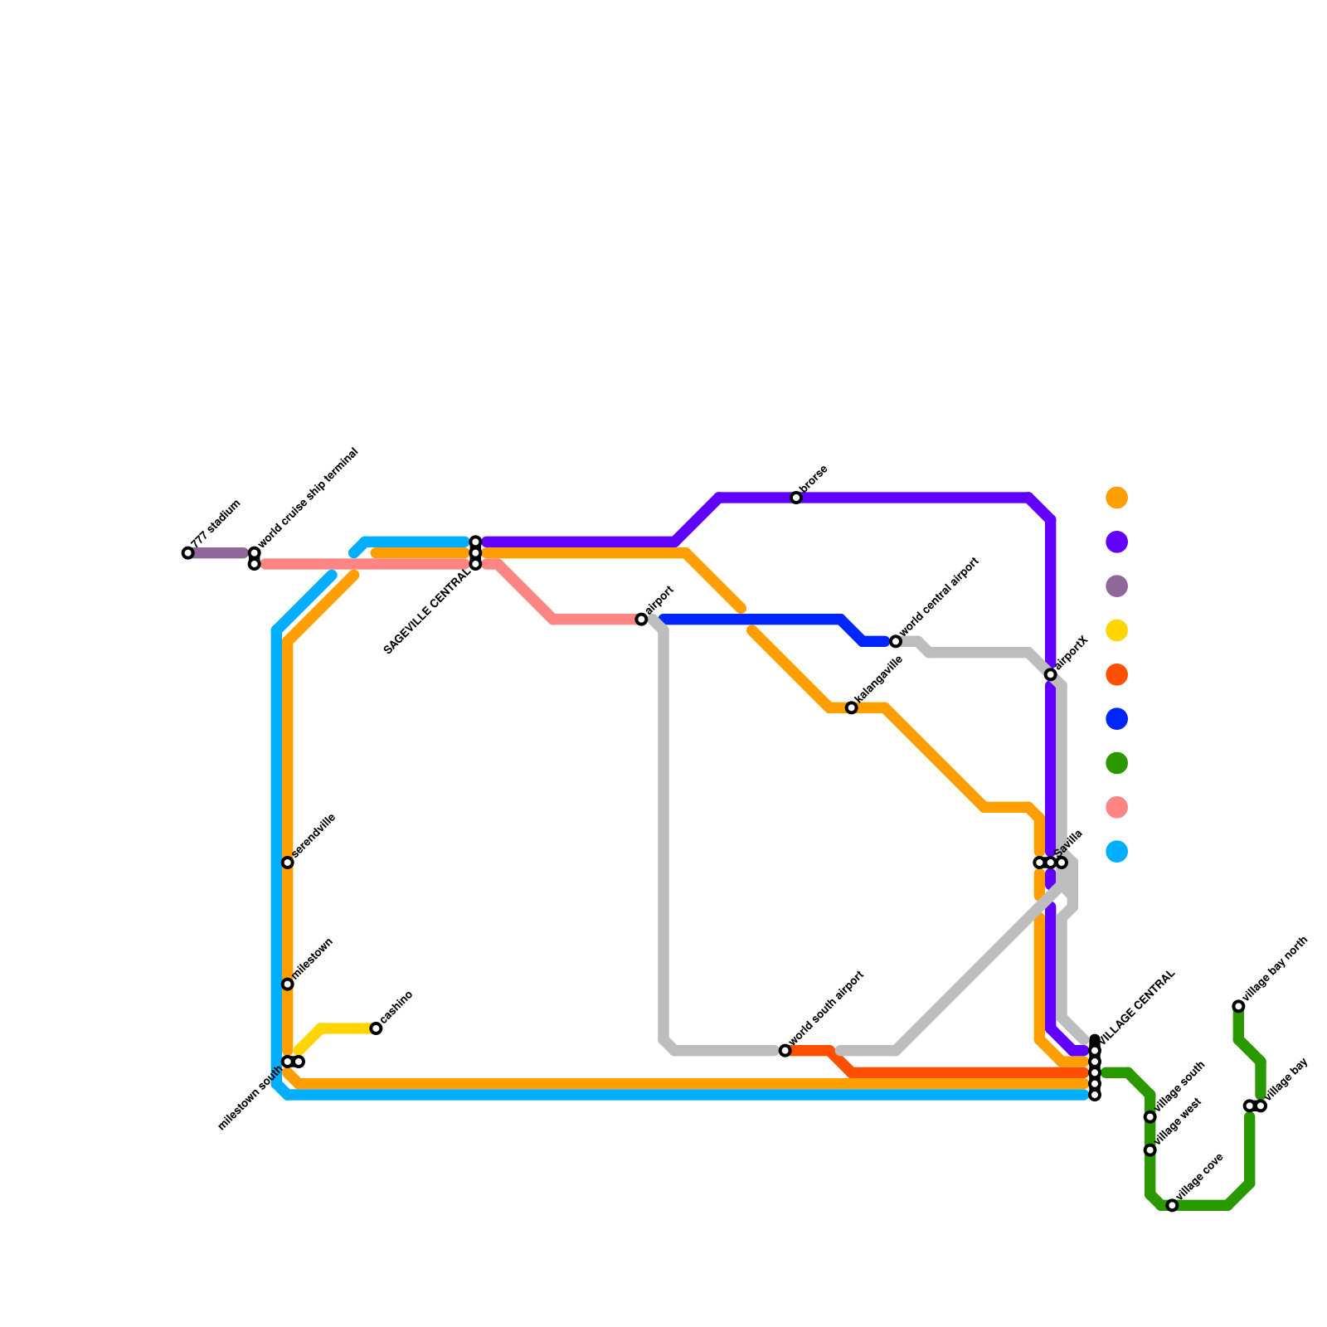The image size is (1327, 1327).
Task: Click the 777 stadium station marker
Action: [x=187, y=553]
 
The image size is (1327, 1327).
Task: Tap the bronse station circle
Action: [x=796, y=498]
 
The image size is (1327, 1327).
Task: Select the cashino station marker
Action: [x=376, y=1028]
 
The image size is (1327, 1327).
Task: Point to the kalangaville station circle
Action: [x=851, y=707]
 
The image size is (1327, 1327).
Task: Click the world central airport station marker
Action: [x=895, y=641]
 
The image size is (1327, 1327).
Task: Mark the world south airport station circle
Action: [x=785, y=1051]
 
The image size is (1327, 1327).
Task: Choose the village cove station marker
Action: [x=1172, y=1205]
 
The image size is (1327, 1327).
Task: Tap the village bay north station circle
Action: [x=1238, y=1006]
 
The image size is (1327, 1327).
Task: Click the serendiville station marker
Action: [x=287, y=863]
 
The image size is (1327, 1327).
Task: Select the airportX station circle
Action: [x=1050, y=674]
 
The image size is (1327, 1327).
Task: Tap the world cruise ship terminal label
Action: [x=308, y=501]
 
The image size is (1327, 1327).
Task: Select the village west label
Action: [x=1178, y=1122]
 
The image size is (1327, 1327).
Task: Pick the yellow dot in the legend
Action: [x=1117, y=630]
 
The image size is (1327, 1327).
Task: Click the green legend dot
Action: [x=1117, y=763]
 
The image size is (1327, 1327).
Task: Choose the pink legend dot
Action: [x=1117, y=807]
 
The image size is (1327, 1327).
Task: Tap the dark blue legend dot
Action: [x=1117, y=719]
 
